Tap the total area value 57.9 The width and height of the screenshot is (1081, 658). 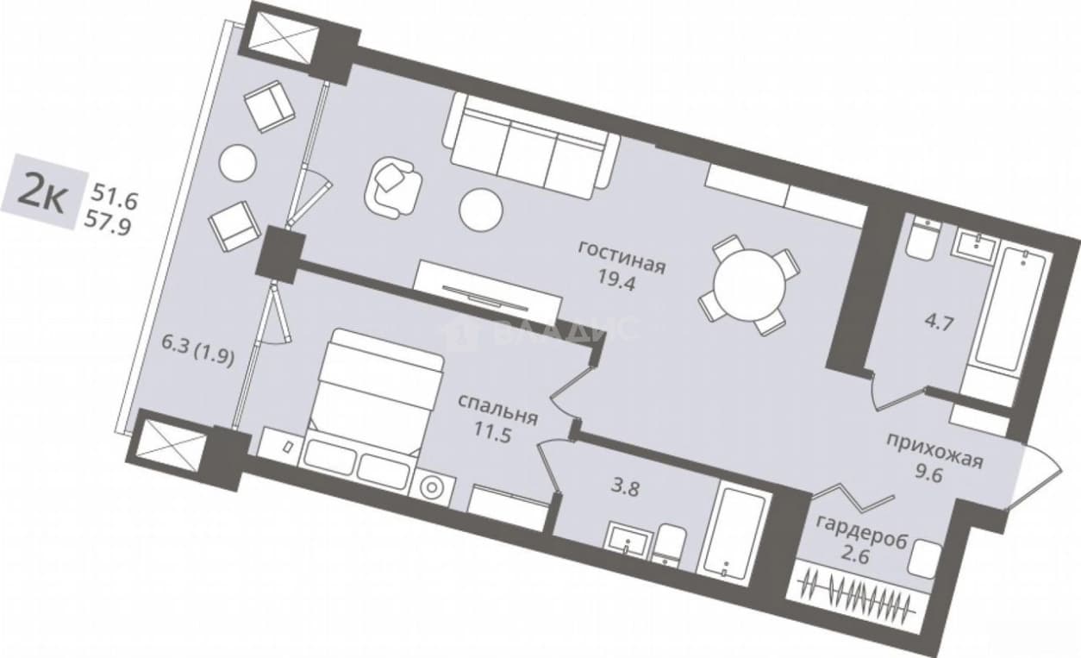click(108, 224)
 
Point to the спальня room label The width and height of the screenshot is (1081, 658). click(497, 410)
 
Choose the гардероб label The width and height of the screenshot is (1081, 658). click(861, 531)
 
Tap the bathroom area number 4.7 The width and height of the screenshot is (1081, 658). click(938, 322)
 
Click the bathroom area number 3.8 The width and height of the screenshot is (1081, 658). click(625, 488)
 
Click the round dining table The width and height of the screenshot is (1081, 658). click(749, 285)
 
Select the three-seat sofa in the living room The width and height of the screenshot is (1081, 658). click(531, 147)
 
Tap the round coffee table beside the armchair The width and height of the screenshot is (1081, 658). click(481, 210)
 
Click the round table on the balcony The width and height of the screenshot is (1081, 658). click(237, 163)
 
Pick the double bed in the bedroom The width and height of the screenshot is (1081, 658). click(377, 392)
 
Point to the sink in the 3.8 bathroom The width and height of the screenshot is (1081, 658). click(628, 539)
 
